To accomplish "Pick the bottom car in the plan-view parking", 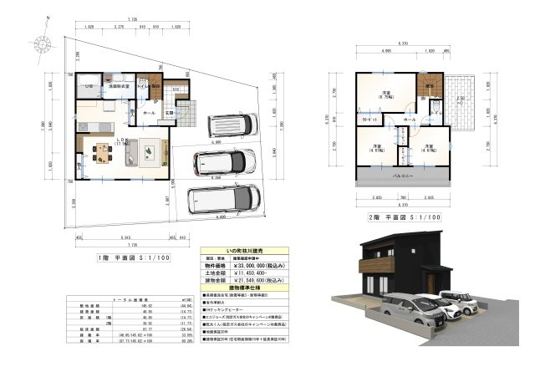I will pos(219,200).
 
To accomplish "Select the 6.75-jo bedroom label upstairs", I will pos(386,94).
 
